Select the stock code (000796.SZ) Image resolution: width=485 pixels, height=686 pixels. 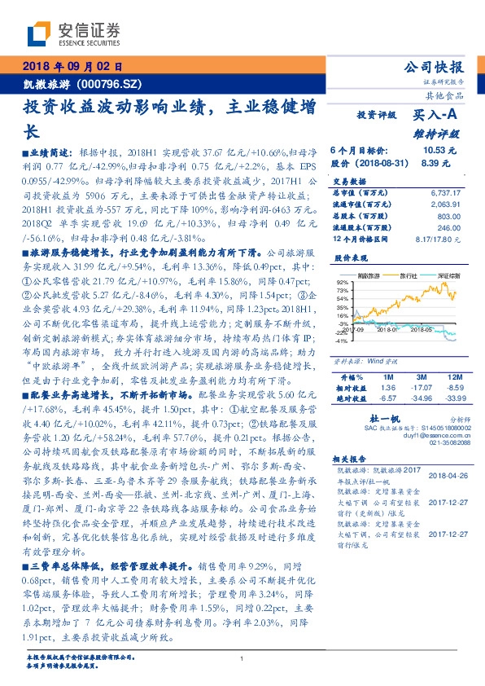click(112, 84)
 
